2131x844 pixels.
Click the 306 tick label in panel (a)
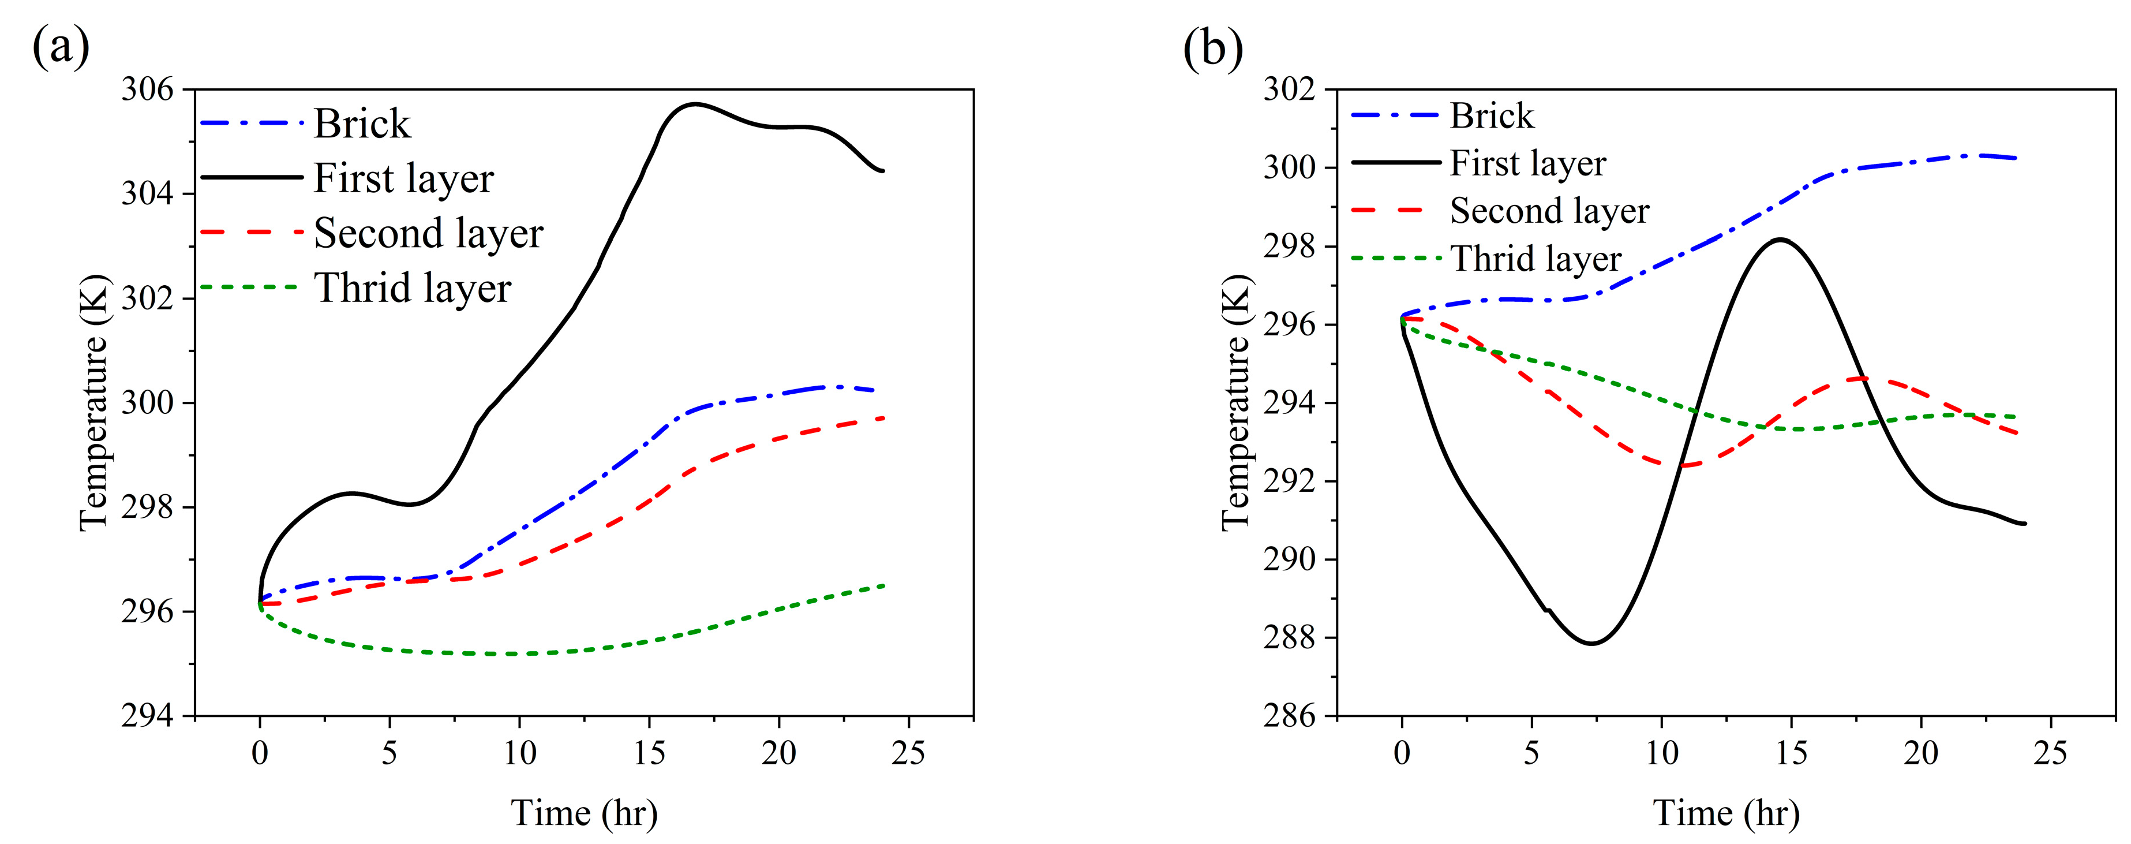coord(148,89)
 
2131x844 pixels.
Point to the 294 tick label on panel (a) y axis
coord(148,716)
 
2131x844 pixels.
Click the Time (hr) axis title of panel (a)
coord(584,813)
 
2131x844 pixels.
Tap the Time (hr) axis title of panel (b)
coord(1726,813)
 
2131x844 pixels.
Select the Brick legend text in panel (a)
coord(361,124)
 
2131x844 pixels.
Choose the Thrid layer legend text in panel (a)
coord(412,289)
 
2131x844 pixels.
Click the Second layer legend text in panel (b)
coord(1549,211)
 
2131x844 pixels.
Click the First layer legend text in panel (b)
coord(1527,164)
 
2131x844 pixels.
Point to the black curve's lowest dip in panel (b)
coord(1591,643)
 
